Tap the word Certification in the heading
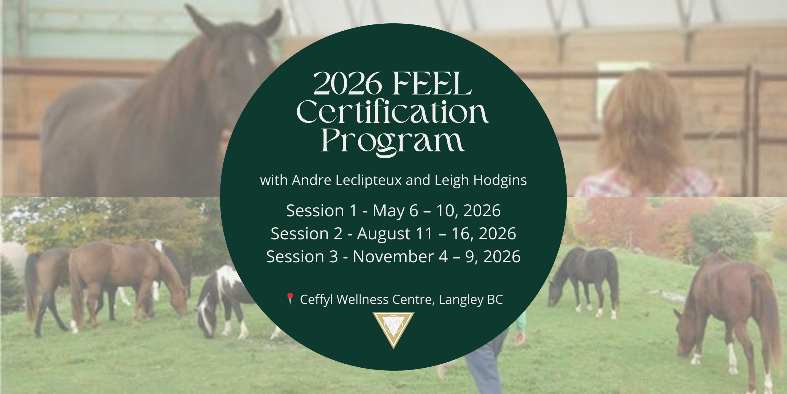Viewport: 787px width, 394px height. pos(393,112)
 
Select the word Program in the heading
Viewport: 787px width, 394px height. pos(393,142)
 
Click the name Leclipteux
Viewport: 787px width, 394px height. pos(368,180)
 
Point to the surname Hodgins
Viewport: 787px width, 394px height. pos(500,180)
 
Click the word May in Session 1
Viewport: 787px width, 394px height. pos(389,211)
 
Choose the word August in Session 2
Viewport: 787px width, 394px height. pos(384,234)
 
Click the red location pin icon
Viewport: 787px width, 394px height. pos(290,298)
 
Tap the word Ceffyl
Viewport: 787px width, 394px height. pos(316,300)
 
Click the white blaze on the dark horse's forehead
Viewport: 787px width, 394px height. pos(251,58)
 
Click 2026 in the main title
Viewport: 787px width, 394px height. pos(348,85)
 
